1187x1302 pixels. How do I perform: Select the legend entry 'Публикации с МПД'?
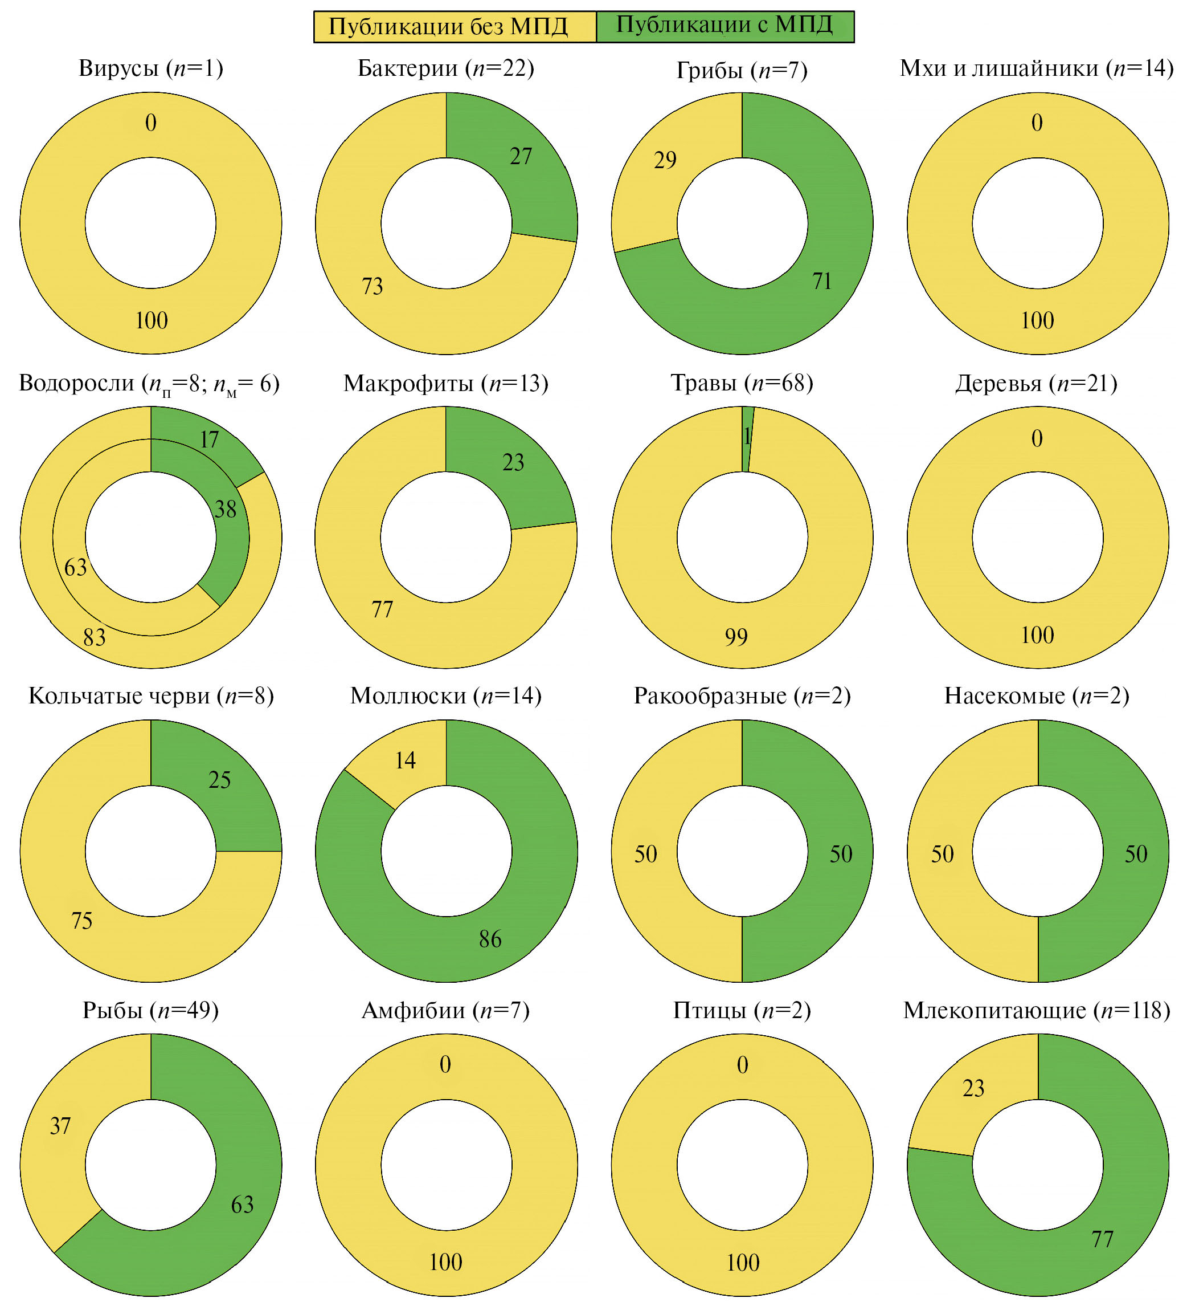(x=724, y=26)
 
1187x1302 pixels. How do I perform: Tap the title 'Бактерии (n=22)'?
(x=446, y=68)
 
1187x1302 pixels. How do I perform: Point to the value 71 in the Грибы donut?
(x=822, y=282)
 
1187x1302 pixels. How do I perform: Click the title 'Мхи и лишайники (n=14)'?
(x=1037, y=68)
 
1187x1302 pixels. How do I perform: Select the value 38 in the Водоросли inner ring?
(x=225, y=510)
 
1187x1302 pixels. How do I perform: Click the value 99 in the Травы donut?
(x=736, y=637)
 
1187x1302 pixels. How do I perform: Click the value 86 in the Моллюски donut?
(x=490, y=939)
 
